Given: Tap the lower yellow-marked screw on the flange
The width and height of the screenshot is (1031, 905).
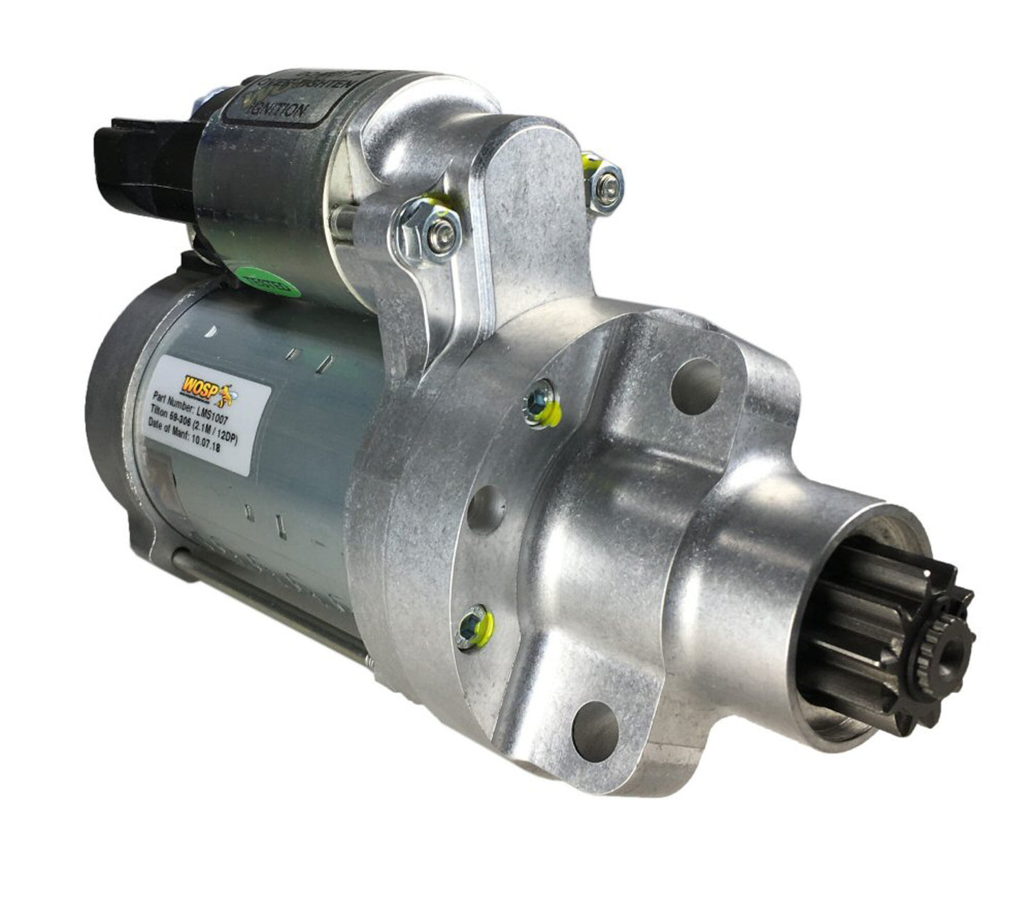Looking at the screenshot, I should click(x=474, y=625).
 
